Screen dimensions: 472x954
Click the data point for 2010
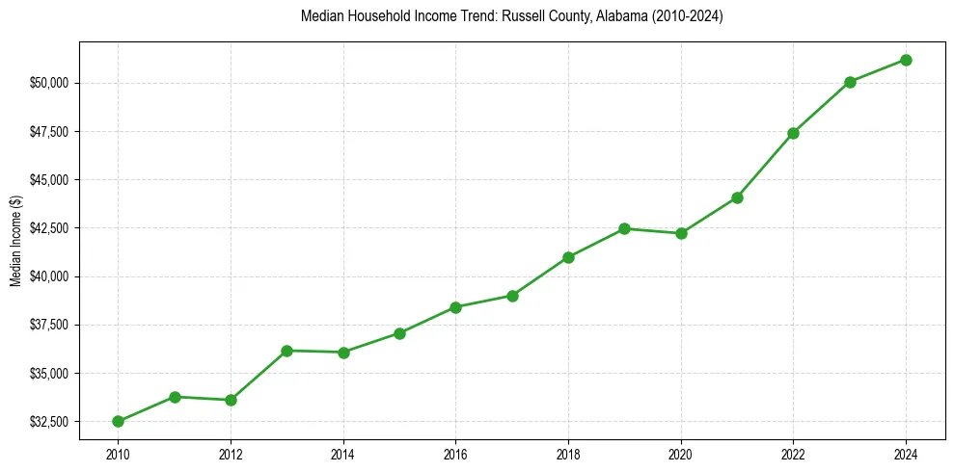click(118, 421)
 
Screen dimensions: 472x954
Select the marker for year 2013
click(286, 351)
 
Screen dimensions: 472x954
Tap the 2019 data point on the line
click(624, 228)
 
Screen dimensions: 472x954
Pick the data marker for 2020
click(681, 233)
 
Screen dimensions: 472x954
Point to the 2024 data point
click(906, 60)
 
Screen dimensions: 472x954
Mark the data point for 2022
click(793, 133)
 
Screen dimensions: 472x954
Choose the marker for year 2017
click(512, 296)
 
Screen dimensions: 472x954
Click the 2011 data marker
click(175, 397)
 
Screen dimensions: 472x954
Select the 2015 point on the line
click(399, 333)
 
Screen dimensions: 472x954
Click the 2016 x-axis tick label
click(455, 453)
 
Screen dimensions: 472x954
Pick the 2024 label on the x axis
click(906, 453)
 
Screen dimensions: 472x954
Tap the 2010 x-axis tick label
click(118, 453)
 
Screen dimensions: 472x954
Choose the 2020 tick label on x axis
click(681, 453)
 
